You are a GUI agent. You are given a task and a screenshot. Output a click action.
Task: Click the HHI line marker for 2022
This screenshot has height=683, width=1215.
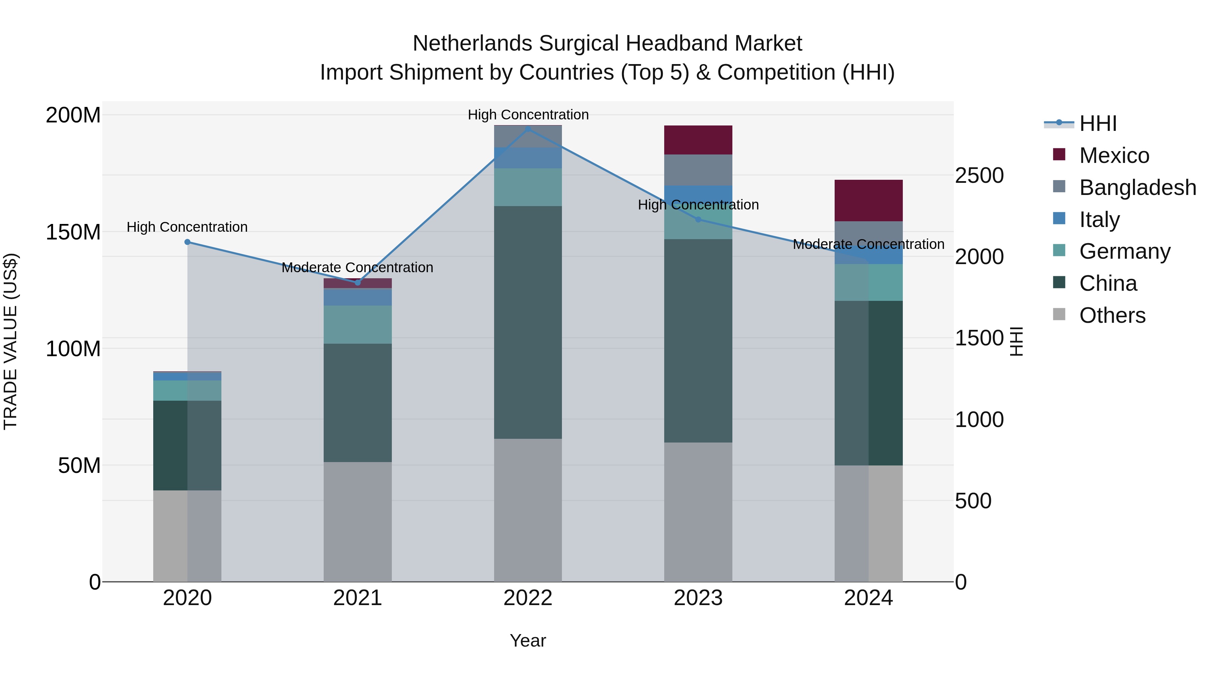tap(528, 129)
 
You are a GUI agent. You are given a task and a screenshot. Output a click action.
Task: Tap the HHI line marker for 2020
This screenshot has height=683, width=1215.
tap(187, 242)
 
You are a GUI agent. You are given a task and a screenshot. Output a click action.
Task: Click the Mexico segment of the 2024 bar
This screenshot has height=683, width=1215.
tap(868, 200)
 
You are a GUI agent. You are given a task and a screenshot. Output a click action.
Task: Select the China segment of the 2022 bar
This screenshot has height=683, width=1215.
tap(528, 322)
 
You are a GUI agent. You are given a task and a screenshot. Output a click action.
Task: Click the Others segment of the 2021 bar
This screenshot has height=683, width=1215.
tap(357, 521)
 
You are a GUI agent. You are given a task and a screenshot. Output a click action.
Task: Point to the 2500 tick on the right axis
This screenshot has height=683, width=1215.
tap(979, 175)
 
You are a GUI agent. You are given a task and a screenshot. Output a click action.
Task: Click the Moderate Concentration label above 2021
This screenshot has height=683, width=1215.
tap(357, 268)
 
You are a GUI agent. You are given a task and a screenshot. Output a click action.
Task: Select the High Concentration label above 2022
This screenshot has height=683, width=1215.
tap(528, 115)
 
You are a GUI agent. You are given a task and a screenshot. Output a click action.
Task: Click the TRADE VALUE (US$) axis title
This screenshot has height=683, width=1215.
tap(10, 341)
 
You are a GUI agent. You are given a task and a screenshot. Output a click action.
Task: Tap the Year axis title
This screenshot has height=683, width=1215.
tap(528, 641)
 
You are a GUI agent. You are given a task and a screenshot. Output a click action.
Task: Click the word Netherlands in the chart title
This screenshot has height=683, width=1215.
tap(473, 44)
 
